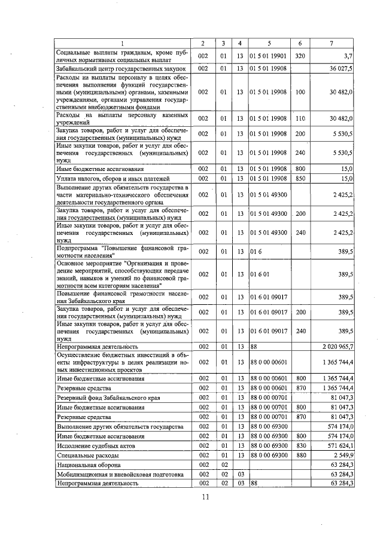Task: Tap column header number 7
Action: [332, 43]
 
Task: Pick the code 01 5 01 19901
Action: [269, 56]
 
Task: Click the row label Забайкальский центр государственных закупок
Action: [122, 68]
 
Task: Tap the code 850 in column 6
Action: [300, 178]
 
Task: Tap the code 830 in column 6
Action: [300, 445]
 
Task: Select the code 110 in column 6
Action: [300, 118]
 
